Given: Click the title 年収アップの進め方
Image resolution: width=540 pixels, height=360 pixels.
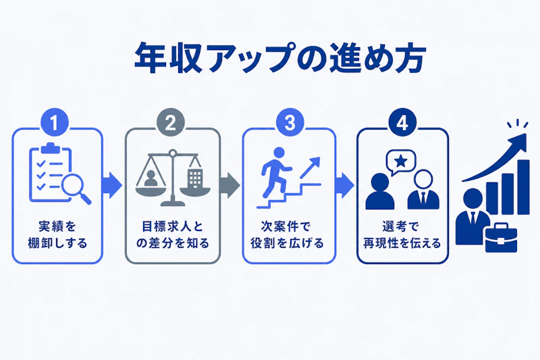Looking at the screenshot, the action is (x=280, y=58).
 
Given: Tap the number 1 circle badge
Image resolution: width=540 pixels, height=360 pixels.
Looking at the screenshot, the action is (x=55, y=123).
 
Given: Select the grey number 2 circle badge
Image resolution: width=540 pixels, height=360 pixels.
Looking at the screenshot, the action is (x=171, y=123).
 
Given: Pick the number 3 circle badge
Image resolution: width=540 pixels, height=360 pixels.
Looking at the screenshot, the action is (x=290, y=123).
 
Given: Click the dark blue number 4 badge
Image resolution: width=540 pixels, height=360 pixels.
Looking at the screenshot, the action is (x=402, y=123).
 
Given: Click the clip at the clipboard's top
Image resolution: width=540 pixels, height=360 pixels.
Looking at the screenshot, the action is (x=50, y=148).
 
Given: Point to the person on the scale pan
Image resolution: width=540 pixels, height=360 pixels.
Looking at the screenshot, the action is (x=150, y=178).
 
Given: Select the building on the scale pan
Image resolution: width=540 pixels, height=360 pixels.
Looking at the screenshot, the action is (x=195, y=178).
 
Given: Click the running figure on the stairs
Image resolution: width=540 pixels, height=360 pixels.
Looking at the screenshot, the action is (x=275, y=172).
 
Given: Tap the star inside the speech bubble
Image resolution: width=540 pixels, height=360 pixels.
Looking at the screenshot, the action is (x=400, y=161).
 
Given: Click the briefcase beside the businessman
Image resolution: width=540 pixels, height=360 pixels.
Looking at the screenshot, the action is (x=502, y=238).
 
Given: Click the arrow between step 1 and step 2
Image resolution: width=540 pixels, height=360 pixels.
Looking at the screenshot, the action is (x=112, y=185).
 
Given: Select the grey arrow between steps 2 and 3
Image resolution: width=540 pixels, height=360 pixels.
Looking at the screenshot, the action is (x=230, y=185).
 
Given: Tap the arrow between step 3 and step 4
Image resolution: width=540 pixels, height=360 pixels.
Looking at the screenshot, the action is (x=344, y=185).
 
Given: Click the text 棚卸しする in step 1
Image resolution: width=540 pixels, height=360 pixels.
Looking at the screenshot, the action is (x=57, y=243).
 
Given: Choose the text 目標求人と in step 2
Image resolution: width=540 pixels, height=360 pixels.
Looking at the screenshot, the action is (x=173, y=227).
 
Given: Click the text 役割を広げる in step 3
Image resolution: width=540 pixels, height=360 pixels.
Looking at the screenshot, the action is (x=288, y=243).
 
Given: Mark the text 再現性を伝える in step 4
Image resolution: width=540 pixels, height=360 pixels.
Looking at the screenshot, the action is (x=402, y=243).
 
